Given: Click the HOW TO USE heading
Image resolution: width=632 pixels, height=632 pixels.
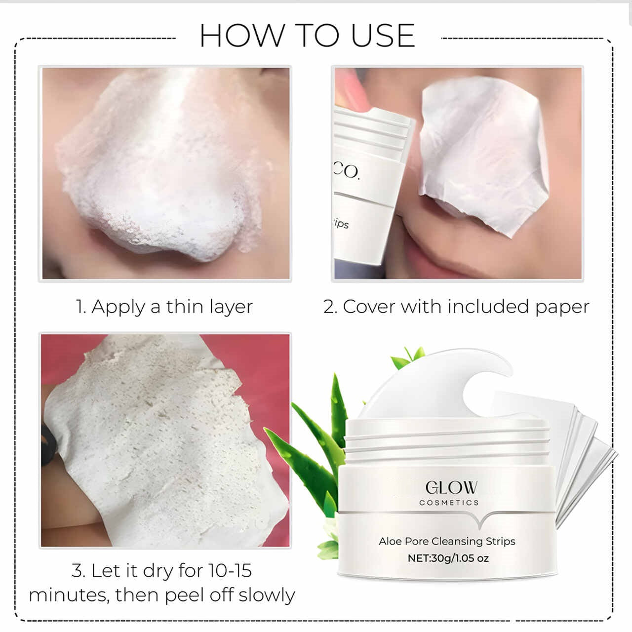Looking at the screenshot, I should pyautogui.click(x=307, y=36).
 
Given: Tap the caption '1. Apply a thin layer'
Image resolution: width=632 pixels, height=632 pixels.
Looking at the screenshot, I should pyautogui.click(x=164, y=307).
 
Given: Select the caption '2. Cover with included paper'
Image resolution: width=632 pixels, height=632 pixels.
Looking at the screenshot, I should pyautogui.click(x=456, y=307).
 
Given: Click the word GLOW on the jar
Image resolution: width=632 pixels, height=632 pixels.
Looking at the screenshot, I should pyautogui.click(x=451, y=487).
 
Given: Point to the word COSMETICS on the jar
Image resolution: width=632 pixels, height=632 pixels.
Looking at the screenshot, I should pyautogui.click(x=449, y=503).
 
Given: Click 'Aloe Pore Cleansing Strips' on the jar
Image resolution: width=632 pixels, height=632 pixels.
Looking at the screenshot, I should pyautogui.click(x=447, y=541).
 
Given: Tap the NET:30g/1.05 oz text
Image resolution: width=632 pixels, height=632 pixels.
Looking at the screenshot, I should pyautogui.click(x=448, y=558).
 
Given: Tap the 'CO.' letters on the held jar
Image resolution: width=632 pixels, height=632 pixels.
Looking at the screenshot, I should pyautogui.click(x=347, y=171).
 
